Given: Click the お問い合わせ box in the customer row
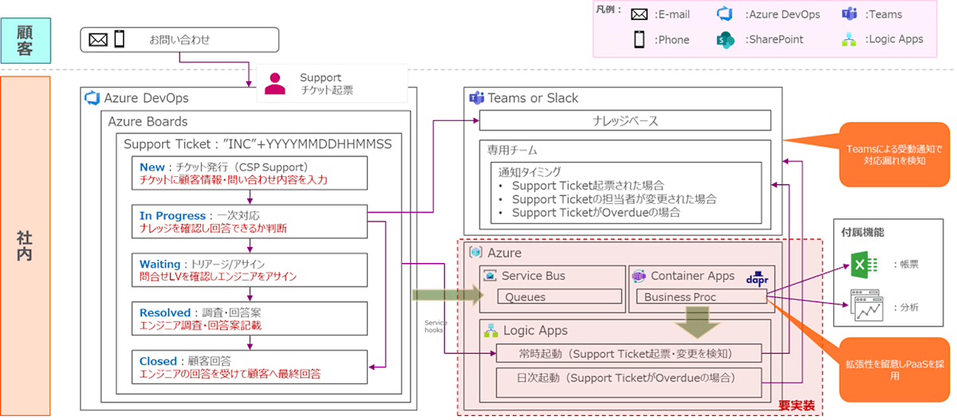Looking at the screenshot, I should [x=179, y=39].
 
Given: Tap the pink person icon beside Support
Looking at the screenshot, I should [x=276, y=83].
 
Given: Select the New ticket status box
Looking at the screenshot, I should [x=250, y=173].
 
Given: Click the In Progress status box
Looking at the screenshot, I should [x=250, y=222].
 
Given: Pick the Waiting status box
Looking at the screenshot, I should [x=250, y=270].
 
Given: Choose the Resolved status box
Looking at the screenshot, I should [x=250, y=319].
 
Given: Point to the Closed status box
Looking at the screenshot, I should [x=250, y=367].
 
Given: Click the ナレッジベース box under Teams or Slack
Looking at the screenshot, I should [x=624, y=120].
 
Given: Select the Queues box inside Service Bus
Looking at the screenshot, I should [x=558, y=297].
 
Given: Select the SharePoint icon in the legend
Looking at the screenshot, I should [x=724, y=39].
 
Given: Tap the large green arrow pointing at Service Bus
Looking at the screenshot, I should [x=447, y=296].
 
